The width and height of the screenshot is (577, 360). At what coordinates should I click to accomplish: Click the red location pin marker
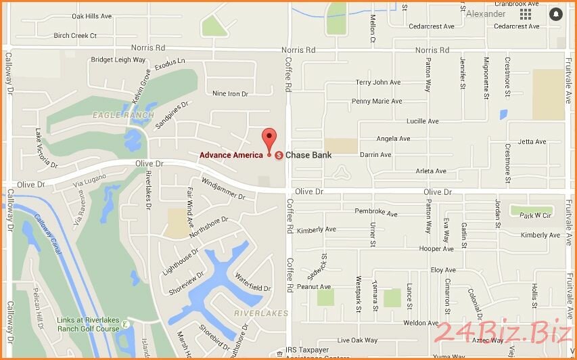[270, 138]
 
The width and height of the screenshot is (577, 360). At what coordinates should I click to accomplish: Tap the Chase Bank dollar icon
[279, 155]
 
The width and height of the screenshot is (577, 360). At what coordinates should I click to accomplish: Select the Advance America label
[231, 155]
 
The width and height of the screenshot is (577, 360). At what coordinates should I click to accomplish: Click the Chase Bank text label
[308, 155]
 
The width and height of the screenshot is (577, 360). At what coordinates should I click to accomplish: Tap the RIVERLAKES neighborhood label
[260, 313]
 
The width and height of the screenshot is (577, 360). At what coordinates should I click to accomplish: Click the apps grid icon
[526, 14]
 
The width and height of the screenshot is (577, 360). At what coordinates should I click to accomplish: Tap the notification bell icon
[555, 14]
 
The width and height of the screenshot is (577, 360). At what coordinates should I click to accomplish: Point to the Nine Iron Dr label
[230, 93]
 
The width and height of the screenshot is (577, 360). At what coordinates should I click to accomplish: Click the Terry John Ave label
[378, 83]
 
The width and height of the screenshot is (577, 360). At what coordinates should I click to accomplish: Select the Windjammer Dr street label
[223, 189]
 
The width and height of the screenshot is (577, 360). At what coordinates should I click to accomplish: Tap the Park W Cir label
[536, 216]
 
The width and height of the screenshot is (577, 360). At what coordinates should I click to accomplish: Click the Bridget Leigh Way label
[118, 60]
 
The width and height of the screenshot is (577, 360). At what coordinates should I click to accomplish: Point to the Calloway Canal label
[48, 235]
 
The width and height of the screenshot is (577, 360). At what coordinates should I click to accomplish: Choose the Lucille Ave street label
[422, 121]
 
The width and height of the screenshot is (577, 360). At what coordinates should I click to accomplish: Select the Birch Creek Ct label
[75, 35]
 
